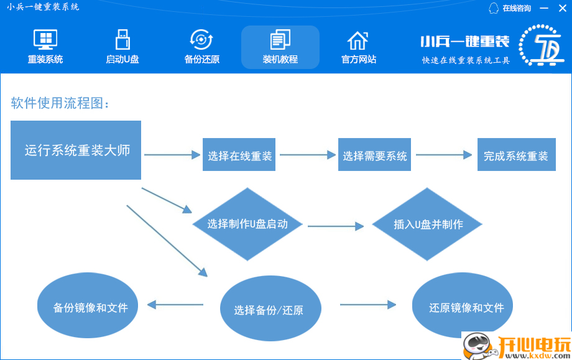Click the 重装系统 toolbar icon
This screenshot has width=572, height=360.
coord(45,41)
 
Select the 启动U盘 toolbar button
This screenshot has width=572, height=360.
coord(122,41)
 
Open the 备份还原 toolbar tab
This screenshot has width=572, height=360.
coord(201,41)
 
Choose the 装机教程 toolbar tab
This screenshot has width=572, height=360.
coord(280,41)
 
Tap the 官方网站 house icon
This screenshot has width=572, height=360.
coord(358,41)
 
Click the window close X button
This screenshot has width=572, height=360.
coord(563,8)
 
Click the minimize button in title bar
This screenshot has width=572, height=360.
coord(544,8)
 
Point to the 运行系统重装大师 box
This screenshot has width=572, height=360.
coord(76,150)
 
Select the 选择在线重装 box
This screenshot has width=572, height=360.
coord(240,155)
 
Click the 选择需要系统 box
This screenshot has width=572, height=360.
coord(375,155)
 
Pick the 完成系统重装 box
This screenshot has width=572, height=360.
coord(516,155)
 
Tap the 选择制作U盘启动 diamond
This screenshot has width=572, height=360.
coord(247,224)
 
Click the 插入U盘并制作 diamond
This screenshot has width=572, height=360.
coord(428,224)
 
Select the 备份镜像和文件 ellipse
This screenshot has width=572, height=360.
coord(90,307)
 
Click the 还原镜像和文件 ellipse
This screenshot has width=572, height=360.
coord(466,307)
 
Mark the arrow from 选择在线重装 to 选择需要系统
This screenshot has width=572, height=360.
coord(308,155)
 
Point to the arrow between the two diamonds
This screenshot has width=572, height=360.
coord(336,226)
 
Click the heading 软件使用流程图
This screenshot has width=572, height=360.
coord(60,103)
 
